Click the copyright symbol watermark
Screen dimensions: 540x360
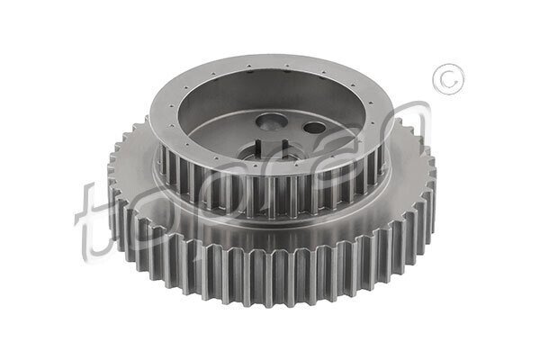point(448,79)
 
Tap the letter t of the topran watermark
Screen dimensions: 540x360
point(90,220)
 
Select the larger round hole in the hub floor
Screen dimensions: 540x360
point(271,122)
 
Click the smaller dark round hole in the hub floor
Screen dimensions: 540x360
point(314,128)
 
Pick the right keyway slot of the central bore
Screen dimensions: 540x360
point(284,145)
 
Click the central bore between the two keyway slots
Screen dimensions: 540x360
point(273,150)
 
